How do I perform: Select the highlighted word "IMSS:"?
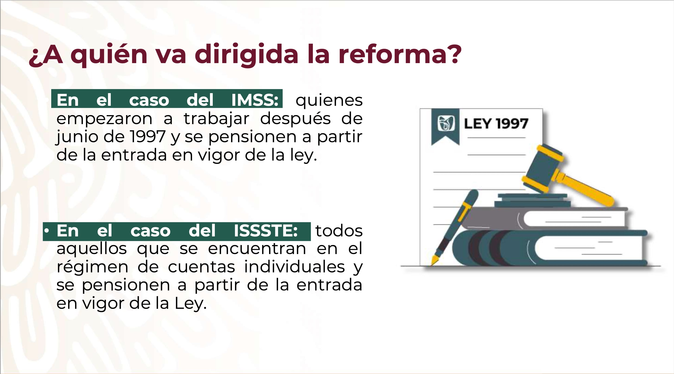(254, 100)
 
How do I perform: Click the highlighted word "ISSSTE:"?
(266, 231)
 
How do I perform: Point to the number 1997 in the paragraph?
(148, 137)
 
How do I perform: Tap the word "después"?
(296, 119)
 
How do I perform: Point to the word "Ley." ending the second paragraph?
(191, 304)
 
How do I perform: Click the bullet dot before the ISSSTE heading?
(47, 230)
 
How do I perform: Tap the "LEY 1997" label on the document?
(496, 124)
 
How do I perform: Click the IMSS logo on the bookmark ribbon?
(446, 123)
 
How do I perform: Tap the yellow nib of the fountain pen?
(435, 259)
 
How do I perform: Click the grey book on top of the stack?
(544, 218)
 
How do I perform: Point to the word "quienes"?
(329, 100)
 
